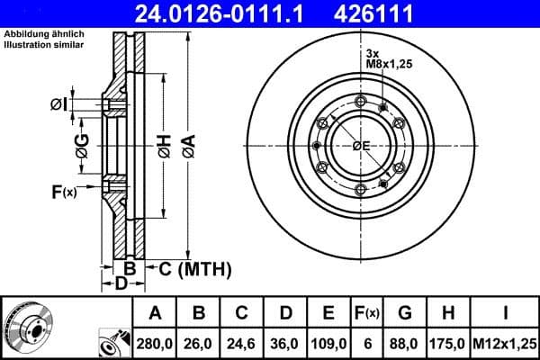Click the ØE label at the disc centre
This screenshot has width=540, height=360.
pyautogui.click(x=361, y=146)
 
